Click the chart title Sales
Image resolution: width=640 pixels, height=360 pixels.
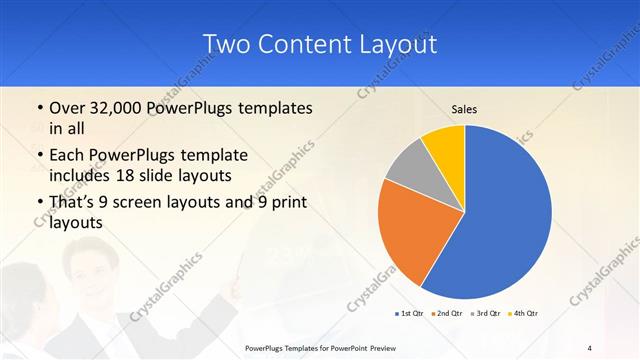464,108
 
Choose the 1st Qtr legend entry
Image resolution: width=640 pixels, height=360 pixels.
408,314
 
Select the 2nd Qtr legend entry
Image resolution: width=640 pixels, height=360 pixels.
447,314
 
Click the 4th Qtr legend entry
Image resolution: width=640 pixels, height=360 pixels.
525,314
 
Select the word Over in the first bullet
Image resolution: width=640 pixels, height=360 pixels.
67,108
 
